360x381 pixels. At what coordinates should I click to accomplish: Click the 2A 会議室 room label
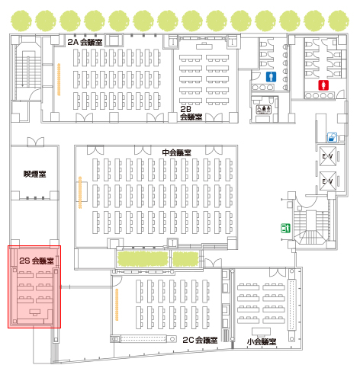[85, 42]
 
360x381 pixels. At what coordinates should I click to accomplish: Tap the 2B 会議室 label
[191, 113]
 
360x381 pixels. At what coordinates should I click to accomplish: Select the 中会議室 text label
[176, 152]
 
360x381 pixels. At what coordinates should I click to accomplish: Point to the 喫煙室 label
[35, 174]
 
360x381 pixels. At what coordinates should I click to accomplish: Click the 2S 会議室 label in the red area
[37, 261]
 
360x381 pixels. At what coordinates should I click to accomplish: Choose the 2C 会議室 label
[200, 340]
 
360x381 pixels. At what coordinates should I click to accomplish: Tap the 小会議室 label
[262, 341]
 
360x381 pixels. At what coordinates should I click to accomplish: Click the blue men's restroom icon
[272, 77]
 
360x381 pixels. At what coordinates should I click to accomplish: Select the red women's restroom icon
[323, 85]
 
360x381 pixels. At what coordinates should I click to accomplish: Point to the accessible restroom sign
[263, 110]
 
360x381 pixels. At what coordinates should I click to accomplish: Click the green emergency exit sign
[285, 228]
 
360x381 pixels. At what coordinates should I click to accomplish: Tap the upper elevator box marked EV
[328, 156]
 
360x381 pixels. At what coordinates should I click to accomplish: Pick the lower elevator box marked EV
[328, 181]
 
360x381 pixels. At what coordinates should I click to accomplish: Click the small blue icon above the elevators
[332, 137]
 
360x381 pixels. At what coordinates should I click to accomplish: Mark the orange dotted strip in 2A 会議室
[59, 79]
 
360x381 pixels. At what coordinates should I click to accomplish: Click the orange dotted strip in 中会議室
[80, 192]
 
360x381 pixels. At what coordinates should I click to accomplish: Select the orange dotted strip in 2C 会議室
[117, 305]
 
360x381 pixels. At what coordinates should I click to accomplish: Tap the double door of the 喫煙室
[36, 142]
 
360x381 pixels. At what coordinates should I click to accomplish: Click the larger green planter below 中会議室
[143, 258]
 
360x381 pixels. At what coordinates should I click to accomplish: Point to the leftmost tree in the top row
[21, 21]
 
